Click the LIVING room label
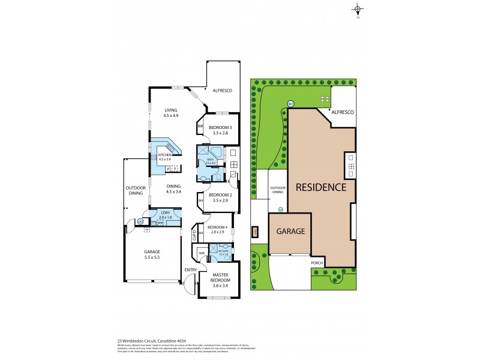[172, 110]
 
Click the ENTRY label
[190, 269]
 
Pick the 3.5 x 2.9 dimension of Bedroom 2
[220, 200]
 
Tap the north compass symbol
[358, 9]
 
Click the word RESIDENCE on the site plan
[320, 187]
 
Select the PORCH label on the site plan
[317, 263]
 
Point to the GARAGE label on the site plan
[290, 231]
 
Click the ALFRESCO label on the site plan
[343, 112]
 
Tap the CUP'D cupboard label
[193, 235]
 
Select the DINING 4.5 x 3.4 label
[173, 188]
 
